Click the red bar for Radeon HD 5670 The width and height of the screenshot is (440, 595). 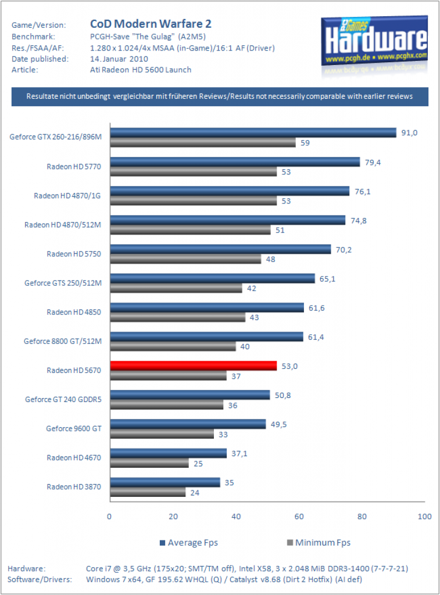point(194,366)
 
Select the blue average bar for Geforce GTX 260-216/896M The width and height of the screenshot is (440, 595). point(253,133)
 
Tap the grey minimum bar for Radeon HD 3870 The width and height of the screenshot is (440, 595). point(148,492)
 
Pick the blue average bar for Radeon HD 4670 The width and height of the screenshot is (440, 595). point(169,453)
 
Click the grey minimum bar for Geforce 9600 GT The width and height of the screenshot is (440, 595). point(162,434)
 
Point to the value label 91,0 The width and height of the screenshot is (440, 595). point(409,133)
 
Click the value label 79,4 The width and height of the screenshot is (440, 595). point(373,163)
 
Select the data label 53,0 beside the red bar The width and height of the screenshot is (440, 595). point(289,366)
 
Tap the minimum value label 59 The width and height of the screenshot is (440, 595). point(305,143)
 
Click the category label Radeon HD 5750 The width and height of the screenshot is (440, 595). point(74,254)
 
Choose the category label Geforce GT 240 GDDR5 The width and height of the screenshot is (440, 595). point(63,399)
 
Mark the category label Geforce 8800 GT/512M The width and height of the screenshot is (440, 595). point(63,341)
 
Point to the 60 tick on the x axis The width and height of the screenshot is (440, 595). point(299,517)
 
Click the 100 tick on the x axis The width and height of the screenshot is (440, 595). point(425,517)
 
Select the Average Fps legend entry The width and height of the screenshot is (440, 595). point(189,543)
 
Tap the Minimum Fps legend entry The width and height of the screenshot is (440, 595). point(319,543)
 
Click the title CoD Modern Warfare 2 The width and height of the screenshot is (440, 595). point(151,24)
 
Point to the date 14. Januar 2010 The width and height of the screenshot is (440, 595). point(119,59)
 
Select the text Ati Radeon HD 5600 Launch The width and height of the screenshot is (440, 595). point(141,70)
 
